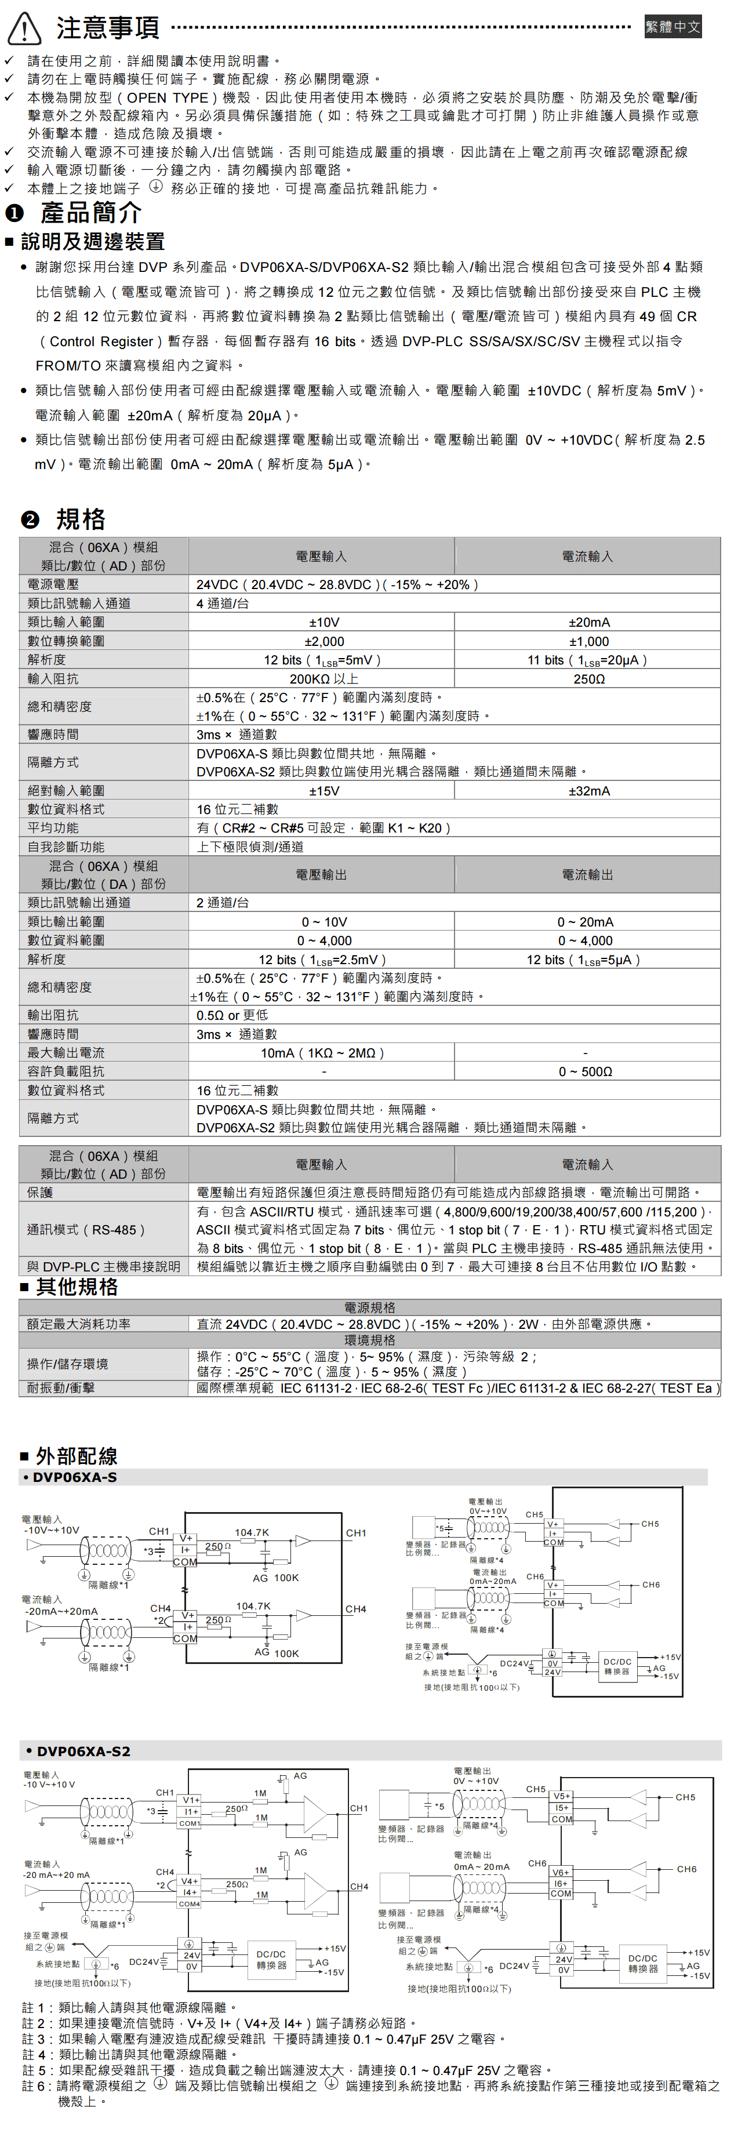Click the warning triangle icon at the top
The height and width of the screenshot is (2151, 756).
click(x=24, y=28)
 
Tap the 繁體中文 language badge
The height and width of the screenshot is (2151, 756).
click(x=673, y=27)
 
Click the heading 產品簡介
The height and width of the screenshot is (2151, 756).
click(x=90, y=213)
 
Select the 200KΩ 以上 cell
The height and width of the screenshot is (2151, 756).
click(x=324, y=679)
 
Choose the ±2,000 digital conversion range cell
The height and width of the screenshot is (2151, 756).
click(x=324, y=641)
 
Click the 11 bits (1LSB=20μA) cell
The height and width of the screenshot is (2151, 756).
click(x=587, y=660)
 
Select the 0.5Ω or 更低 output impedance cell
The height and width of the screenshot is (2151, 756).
click(x=232, y=1015)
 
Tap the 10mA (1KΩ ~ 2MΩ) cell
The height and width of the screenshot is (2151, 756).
click(x=322, y=1053)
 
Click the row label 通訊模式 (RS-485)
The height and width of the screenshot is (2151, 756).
click(x=86, y=1229)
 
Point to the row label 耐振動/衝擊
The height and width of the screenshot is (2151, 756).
click(x=61, y=1388)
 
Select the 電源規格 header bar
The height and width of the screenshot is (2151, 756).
click(x=369, y=1307)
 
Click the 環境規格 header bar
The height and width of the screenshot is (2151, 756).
click(x=369, y=1340)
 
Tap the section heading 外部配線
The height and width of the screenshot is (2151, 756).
click(x=76, y=1456)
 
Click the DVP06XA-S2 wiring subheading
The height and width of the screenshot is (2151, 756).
click(x=83, y=1751)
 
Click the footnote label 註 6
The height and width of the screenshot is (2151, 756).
click(x=38, y=2086)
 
